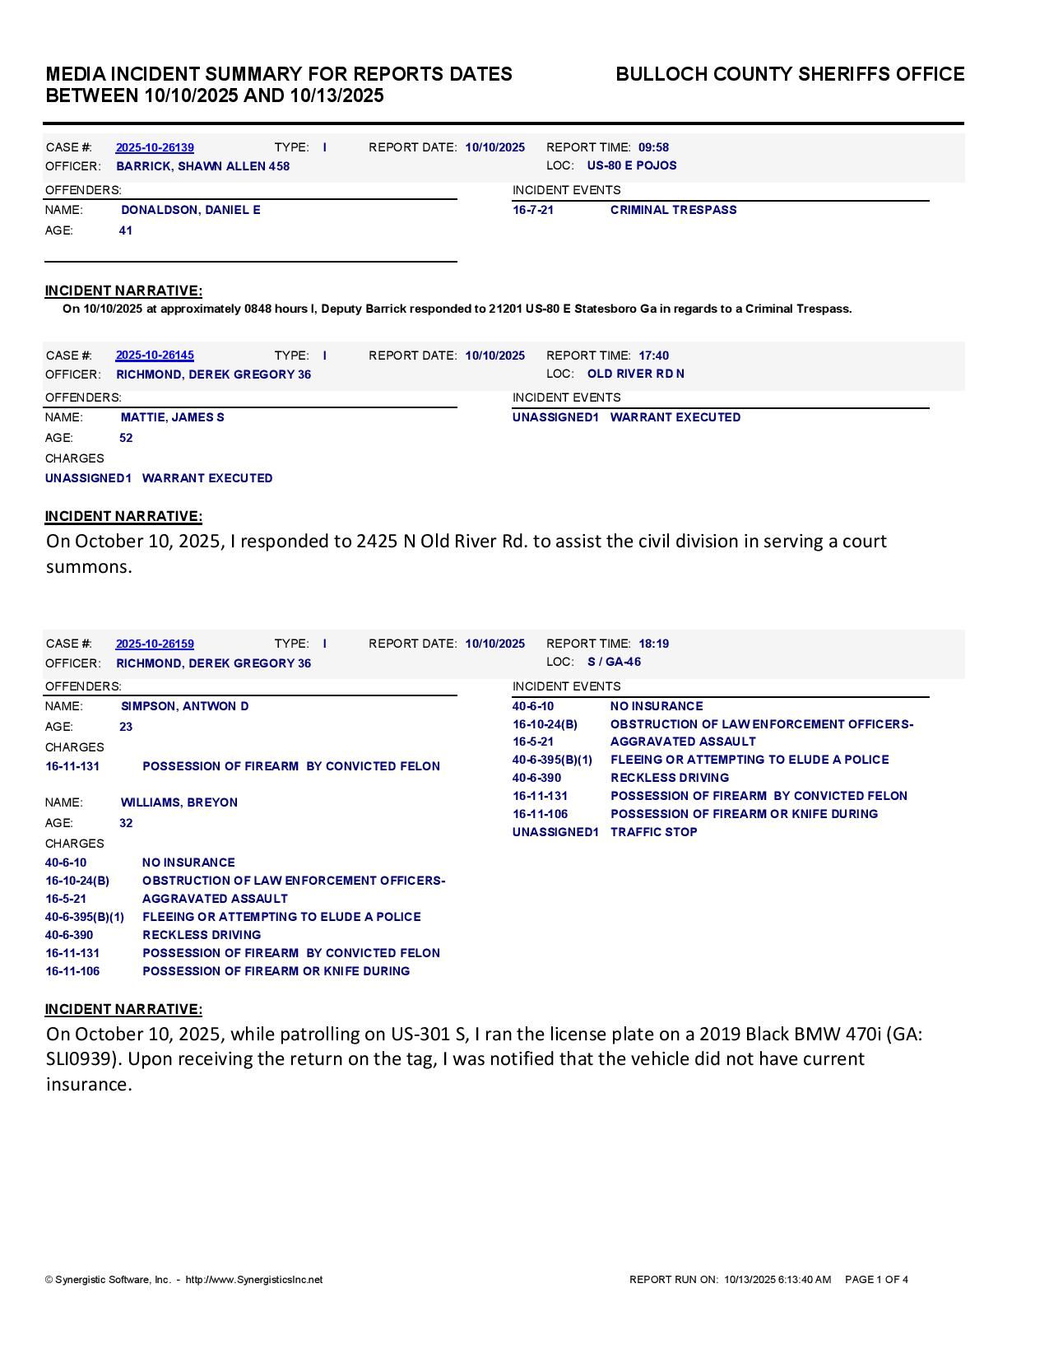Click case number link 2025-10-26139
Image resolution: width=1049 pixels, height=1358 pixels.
(155, 148)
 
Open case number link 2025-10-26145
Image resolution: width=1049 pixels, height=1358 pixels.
(155, 356)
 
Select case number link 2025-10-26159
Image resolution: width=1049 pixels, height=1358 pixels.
(155, 644)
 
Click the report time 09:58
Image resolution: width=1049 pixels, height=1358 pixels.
(653, 148)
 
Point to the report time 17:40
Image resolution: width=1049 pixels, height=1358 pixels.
(653, 356)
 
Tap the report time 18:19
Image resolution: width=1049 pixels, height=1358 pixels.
(653, 644)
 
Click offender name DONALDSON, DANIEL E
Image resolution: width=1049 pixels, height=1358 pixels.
(190, 211)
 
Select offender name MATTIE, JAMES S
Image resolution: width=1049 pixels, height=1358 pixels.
(172, 418)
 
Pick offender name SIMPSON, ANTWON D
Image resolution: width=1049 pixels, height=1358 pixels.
(184, 707)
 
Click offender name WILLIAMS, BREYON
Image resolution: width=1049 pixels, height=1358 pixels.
(179, 803)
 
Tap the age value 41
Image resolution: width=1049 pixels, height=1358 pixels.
(126, 231)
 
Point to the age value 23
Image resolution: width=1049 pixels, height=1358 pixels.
(126, 728)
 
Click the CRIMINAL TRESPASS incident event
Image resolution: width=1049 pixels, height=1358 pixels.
(673, 211)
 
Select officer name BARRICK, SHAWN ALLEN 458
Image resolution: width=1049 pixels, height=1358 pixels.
(202, 166)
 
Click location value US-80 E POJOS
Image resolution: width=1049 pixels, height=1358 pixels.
(632, 165)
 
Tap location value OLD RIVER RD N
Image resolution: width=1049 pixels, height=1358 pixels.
(635, 374)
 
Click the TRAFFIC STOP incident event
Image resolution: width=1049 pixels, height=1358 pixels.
(653, 833)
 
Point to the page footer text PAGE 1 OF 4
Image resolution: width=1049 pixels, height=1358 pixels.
(876, 1280)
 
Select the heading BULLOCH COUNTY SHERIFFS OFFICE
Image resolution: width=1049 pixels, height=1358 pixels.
(790, 75)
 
